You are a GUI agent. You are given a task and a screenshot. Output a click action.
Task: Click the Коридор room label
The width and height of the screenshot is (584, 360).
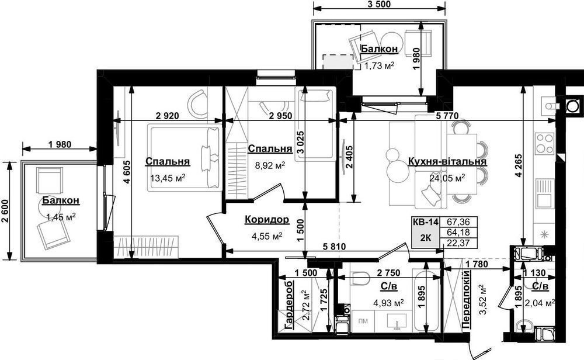tap(267, 220)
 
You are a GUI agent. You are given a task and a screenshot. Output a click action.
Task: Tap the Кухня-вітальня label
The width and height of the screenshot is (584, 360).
tap(447, 161)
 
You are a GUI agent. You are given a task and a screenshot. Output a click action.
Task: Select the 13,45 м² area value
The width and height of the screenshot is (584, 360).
tap(168, 178)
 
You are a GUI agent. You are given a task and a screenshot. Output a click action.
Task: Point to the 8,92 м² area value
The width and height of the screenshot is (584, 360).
tap(270, 165)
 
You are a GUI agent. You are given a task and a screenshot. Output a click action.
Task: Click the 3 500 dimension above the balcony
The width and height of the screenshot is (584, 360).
tap(379, 5)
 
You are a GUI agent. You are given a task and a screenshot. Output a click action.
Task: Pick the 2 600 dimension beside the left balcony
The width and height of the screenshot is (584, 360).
tap(5, 210)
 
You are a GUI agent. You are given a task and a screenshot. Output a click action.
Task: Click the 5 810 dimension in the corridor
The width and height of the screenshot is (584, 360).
tap(334, 247)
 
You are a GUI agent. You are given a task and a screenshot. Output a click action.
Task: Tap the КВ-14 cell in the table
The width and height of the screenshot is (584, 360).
tap(425, 222)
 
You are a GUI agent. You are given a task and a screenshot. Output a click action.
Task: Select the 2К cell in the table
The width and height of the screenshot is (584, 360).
tap(425, 238)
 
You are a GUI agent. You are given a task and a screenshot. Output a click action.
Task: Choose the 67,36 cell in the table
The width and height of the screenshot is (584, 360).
tap(458, 222)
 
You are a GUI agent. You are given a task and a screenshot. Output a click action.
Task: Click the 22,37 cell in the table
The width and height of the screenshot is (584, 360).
tap(458, 243)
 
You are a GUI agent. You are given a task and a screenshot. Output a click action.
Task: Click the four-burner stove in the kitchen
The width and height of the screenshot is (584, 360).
tap(544, 144)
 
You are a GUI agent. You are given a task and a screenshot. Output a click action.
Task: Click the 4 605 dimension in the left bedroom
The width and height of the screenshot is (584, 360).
tap(127, 172)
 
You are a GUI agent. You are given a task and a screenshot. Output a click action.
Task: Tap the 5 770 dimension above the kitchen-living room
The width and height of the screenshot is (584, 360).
tap(447, 116)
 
